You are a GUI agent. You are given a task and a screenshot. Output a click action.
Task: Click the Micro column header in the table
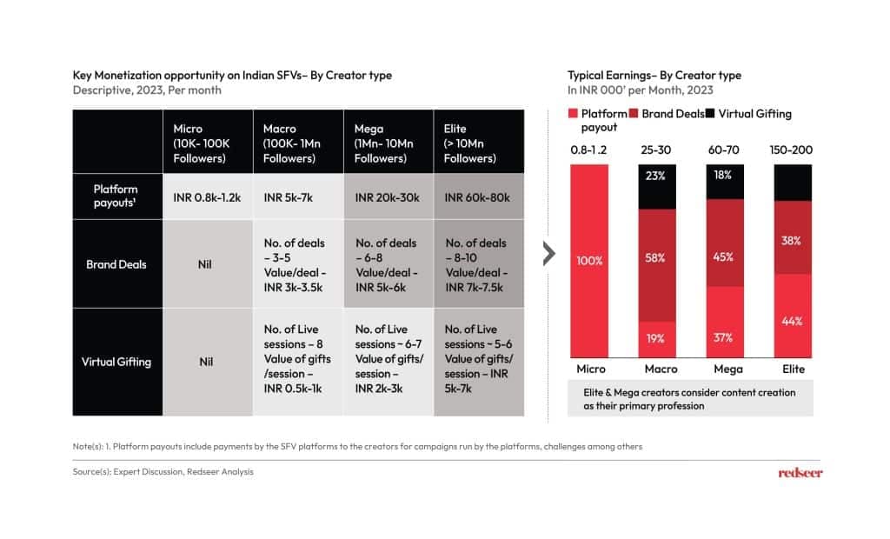(x=208, y=143)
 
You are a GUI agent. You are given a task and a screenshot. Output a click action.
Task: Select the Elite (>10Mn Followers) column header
(x=479, y=143)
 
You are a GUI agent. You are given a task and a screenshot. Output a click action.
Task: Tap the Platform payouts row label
(x=116, y=196)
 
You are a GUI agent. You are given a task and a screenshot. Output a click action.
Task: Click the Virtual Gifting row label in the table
(x=116, y=362)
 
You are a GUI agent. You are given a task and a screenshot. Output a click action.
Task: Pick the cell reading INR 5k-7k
(x=296, y=197)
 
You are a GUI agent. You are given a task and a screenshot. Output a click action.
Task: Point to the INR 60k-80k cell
(x=479, y=197)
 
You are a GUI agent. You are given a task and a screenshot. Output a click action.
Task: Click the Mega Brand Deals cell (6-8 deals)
(x=387, y=264)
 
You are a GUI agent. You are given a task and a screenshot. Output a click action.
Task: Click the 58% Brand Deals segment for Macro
(x=655, y=258)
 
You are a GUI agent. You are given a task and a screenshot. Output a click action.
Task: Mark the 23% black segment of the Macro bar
(x=655, y=176)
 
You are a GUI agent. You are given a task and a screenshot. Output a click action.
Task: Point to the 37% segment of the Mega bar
(x=723, y=337)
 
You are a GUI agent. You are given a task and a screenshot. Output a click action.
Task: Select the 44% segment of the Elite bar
(x=791, y=321)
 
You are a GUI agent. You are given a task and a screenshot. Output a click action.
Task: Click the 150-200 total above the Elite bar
(x=791, y=150)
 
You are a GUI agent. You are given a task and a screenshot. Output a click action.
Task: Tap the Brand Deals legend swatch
(x=634, y=114)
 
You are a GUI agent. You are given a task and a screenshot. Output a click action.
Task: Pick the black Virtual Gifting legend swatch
(x=710, y=114)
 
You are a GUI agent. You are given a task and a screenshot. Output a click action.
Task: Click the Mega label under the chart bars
(x=723, y=369)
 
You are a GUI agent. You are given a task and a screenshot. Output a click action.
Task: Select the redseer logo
(x=800, y=472)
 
